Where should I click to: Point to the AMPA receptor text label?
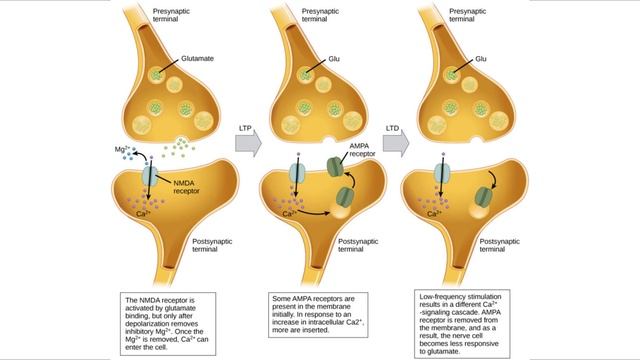pos(361,150)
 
